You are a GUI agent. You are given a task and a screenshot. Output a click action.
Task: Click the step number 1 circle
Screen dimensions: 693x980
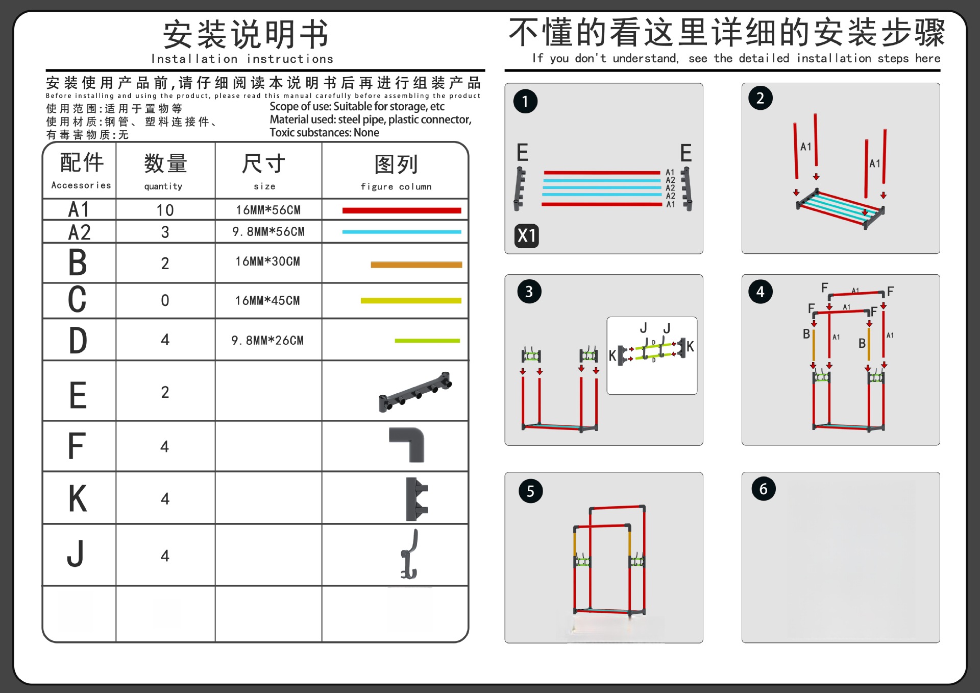[525, 101]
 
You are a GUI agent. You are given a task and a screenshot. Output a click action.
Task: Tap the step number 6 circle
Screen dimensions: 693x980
[763, 489]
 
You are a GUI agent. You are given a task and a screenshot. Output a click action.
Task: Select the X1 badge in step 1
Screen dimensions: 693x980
[526, 236]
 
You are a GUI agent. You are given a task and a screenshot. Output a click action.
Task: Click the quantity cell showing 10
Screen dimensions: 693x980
[165, 210]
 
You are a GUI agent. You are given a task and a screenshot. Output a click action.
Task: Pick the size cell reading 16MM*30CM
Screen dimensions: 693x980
[267, 261]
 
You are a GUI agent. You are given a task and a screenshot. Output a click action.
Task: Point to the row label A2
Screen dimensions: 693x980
[80, 232]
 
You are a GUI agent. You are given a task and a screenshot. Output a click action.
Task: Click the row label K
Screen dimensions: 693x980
[78, 498]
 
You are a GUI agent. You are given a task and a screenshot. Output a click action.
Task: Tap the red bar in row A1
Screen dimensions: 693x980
[401, 210]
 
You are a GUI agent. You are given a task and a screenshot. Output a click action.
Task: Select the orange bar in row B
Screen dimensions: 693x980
[416, 265]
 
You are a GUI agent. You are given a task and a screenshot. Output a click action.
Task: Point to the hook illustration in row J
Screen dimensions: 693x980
[410, 555]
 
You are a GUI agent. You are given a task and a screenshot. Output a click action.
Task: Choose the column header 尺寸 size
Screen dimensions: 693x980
[264, 171]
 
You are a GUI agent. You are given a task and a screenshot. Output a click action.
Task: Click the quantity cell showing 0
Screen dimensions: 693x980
[165, 300]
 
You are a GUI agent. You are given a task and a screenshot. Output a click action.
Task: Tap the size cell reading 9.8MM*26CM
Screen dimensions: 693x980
[267, 340]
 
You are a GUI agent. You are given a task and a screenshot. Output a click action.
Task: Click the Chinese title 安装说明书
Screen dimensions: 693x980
[246, 35]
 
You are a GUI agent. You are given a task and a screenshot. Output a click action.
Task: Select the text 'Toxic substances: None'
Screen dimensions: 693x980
[324, 133]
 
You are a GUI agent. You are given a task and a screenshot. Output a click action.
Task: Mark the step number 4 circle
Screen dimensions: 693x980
[760, 292]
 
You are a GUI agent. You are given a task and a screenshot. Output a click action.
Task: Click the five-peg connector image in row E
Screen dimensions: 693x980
[414, 392]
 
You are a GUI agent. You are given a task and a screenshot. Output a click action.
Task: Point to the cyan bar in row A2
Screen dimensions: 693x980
[401, 232]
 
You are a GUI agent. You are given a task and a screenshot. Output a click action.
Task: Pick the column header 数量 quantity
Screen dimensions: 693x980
[165, 171]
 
